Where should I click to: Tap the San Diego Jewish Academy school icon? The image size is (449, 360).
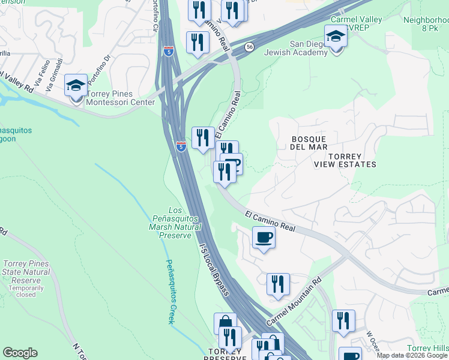coord(336,37)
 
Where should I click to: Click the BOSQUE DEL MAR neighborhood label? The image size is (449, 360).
coord(309,142)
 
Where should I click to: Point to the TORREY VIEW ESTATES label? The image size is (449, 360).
coord(345,160)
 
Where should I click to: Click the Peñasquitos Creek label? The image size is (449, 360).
coord(170,291)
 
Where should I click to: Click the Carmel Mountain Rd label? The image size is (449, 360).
coord(295,302)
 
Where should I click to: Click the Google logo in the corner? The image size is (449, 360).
coord(20,353)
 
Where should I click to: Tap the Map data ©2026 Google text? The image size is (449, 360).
coord(412,355)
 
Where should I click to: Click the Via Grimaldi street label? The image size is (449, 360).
coord(56,70)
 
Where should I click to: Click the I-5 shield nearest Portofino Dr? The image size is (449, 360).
coord(169,51)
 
